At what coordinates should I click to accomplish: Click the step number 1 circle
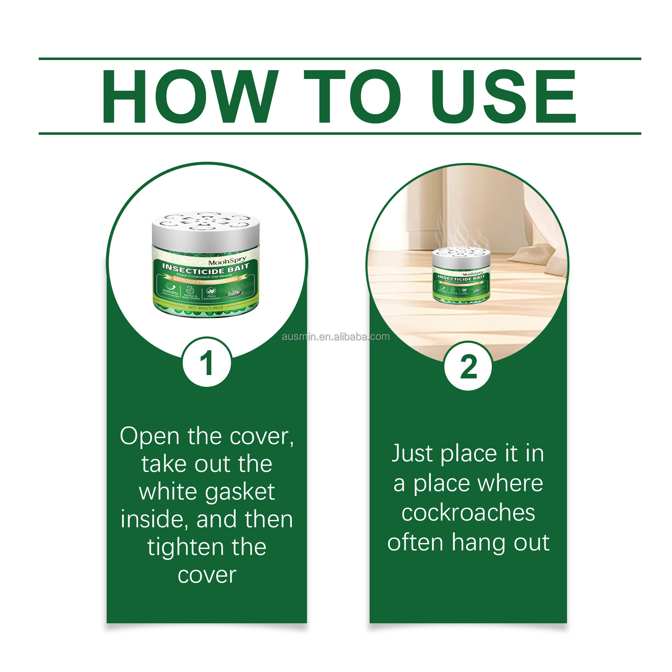[207, 362]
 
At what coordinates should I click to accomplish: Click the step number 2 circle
[468, 366]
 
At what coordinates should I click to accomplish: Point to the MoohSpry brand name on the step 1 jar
[227, 261]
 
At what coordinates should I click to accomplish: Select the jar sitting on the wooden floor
[461, 275]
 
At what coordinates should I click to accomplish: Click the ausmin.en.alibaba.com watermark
[336, 337]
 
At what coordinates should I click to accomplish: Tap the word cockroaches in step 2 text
[468, 513]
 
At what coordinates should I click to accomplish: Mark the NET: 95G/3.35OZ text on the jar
[205, 308]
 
